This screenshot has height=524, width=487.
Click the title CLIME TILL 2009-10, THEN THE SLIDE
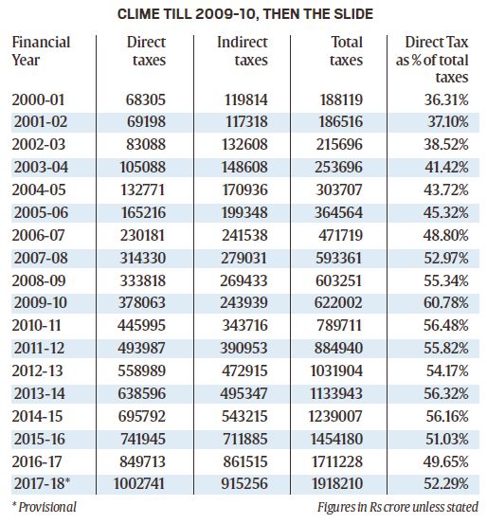click(243, 14)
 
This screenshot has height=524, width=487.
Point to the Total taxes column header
click(346, 51)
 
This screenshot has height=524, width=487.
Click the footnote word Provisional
click(47, 506)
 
